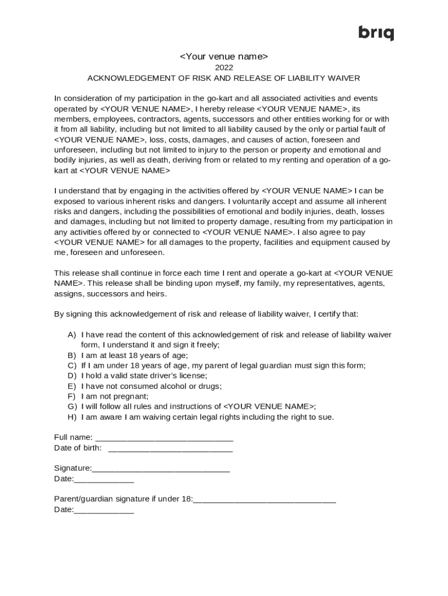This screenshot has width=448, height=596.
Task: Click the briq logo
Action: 376,33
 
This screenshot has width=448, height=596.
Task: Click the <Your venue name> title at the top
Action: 223,56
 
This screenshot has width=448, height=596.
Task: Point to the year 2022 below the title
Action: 223,68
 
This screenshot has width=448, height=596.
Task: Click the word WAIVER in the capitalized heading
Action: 345,78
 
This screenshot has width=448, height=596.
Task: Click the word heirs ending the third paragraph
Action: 154,294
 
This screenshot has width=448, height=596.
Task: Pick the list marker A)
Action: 72,335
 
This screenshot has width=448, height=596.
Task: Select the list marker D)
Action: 72,376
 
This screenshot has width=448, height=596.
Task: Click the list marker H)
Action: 72,417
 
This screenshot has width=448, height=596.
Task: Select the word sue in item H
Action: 325,417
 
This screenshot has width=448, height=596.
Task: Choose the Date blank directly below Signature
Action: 104,480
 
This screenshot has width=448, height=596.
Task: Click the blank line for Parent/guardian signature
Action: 264,500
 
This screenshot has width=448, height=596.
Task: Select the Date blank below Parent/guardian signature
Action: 104,510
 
